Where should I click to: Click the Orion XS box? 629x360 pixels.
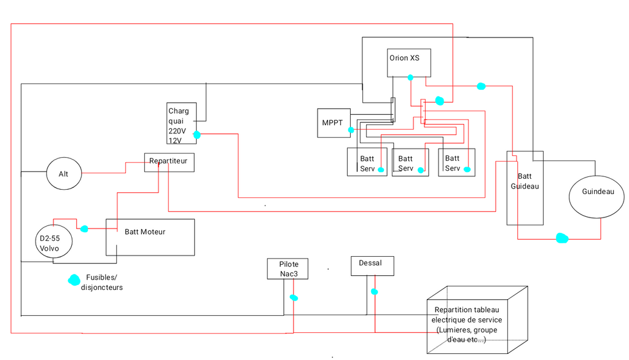[x=408, y=63]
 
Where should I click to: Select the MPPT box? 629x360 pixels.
[x=334, y=123]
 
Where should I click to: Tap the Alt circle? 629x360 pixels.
[x=64, y=174]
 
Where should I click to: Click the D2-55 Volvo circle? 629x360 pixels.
[x=54, y=243]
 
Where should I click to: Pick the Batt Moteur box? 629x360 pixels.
[x=150, y=237]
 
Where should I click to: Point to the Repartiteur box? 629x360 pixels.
[x=170, y=162]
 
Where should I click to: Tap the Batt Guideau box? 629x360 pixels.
[x=525, y=187]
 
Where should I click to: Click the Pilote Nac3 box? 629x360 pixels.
[x=288, y=268]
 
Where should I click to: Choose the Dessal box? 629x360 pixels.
[x=372, y=265]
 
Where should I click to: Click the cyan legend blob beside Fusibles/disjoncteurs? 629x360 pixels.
[x=74, y=280]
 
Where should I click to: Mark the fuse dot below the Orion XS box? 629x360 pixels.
[x=410, y=77]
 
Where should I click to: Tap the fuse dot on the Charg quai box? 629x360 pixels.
[x=197, y=134]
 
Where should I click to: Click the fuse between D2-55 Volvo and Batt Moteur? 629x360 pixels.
[x=84, y=229]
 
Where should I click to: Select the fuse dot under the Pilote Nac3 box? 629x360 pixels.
[x=294, y=297]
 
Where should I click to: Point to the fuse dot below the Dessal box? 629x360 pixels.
[x=374, y=292]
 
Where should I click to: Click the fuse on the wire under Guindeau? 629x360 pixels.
[x=561, y=238]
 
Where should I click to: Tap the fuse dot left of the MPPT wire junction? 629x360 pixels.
[x=351, y=130]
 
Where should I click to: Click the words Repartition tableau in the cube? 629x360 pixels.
[x=466, y=310]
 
